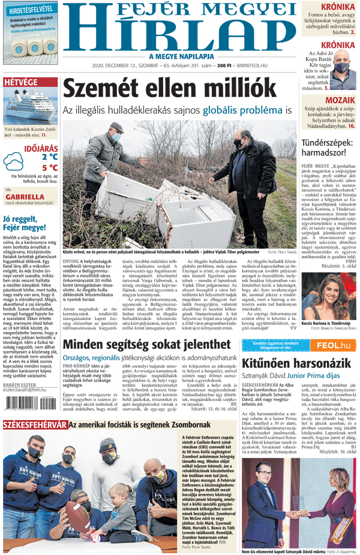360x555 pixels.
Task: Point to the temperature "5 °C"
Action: point(50,168)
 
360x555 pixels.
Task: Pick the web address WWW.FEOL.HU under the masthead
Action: point(252,65)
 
